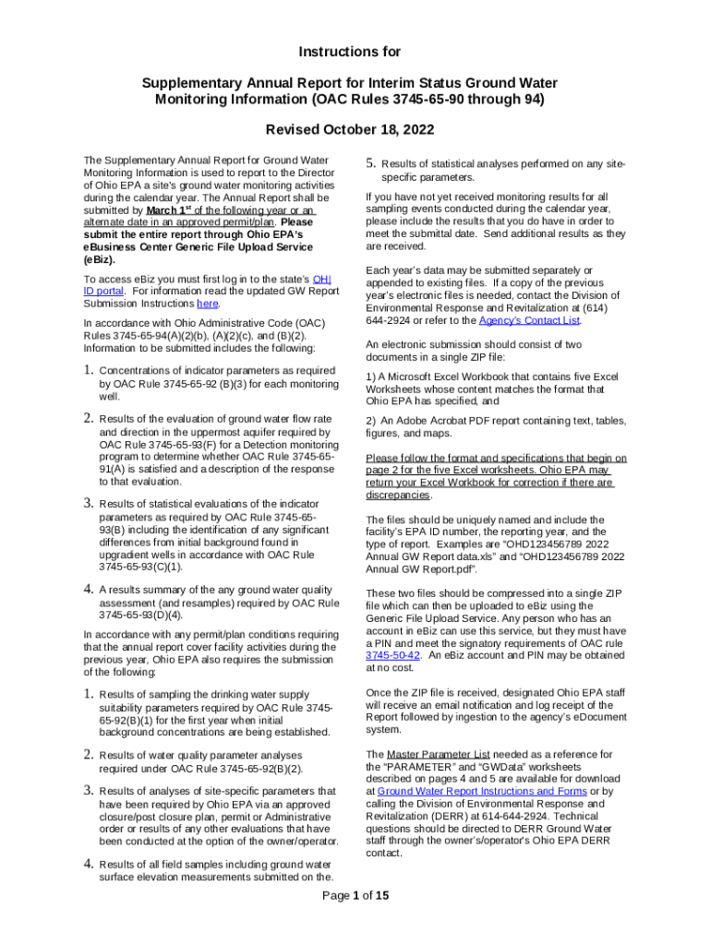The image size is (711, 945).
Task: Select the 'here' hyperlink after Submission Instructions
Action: [x=208, y=303]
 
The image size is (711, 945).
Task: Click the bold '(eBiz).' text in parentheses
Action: [x=102, y=259]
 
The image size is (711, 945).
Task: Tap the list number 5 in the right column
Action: [x=370, y=164]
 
